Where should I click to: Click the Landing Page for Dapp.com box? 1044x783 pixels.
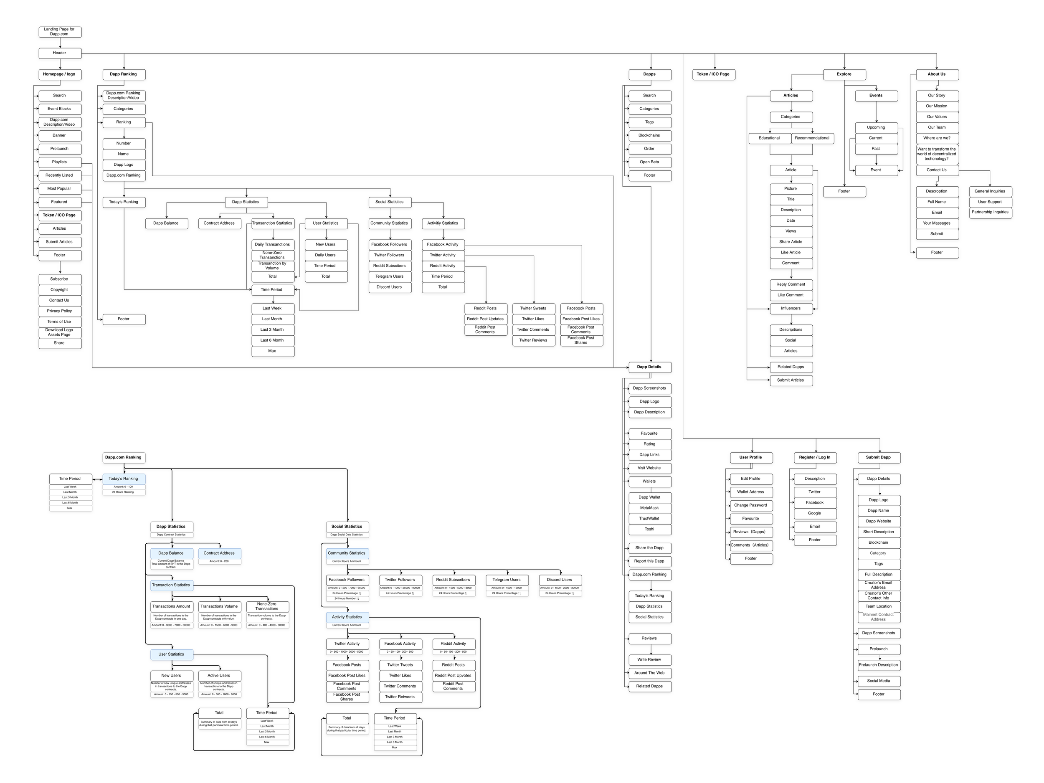(59, 32)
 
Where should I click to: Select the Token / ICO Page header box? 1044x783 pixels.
(713, 74)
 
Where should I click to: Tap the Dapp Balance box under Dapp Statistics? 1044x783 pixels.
(166, 223)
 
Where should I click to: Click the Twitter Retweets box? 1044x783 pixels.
(400, 697)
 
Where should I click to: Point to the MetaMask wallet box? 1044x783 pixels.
(649, 508)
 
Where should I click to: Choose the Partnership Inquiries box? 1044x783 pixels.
(990, 213)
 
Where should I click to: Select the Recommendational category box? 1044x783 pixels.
(812, 138)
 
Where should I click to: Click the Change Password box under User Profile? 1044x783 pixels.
(751, 505)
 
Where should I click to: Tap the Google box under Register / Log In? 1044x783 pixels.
(815, 514)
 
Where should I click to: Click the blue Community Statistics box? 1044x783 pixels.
(347, 553)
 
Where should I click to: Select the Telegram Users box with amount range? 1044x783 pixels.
(507, 580)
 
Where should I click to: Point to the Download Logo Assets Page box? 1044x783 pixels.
(59, 333)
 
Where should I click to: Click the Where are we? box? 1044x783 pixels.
(938, 138)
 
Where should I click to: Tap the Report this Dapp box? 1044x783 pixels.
(649, 562)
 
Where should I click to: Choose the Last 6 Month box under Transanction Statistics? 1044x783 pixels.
(272, 340)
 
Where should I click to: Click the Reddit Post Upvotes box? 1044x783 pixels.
(454, 676)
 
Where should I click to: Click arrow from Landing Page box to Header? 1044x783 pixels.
(60, 43)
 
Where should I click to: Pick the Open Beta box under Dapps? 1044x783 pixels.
(649, 162)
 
